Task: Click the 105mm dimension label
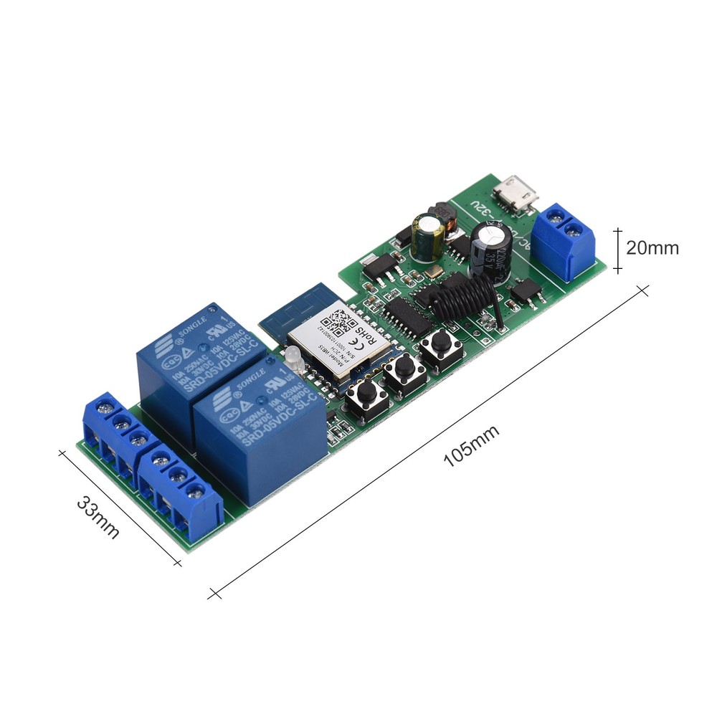point(470,446)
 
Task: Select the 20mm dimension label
point(652,248)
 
